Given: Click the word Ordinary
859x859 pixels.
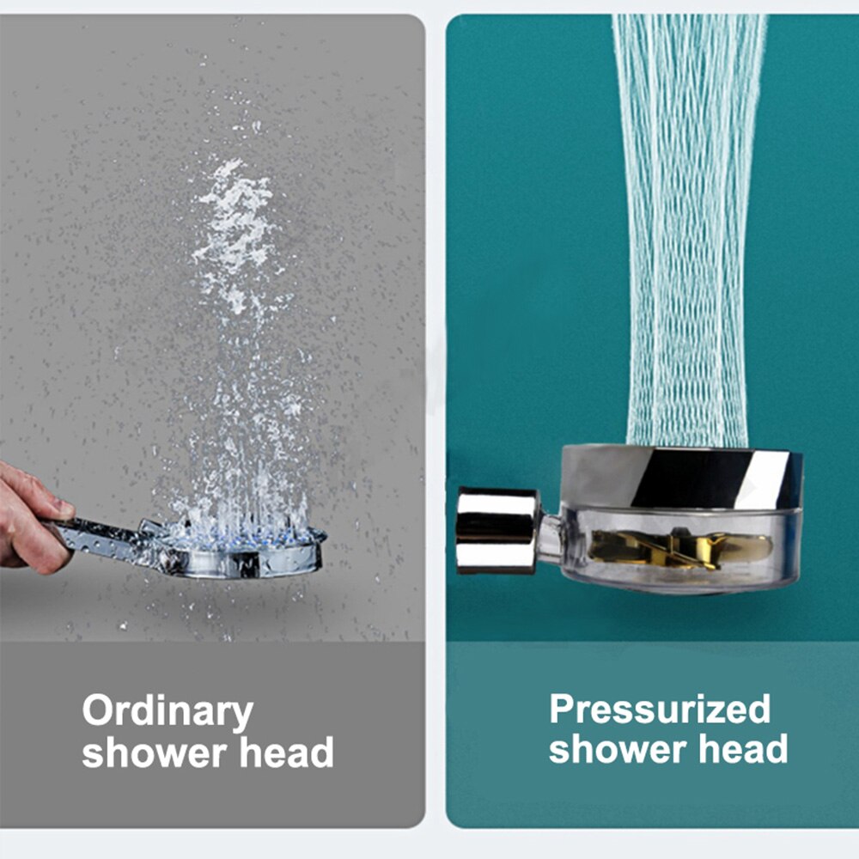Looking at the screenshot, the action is point(168,712).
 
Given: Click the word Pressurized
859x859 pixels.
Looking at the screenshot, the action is point(660,709).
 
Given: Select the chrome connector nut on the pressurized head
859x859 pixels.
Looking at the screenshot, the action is point(497,530).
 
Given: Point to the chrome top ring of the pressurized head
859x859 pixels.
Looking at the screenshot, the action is point(681,477).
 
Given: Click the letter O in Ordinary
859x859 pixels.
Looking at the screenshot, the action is point(98,710).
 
